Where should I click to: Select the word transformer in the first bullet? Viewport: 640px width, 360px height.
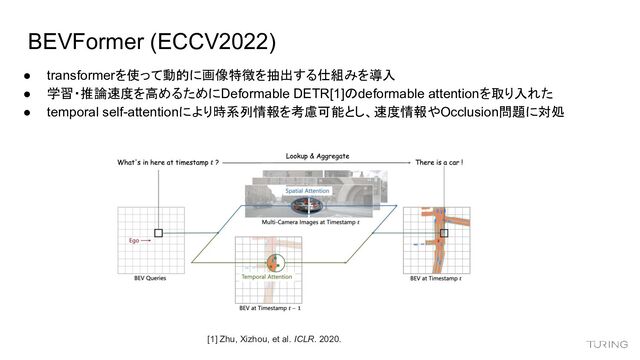click(x=89, y=75)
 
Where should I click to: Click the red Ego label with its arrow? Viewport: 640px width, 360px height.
click(x=138, y=240)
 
